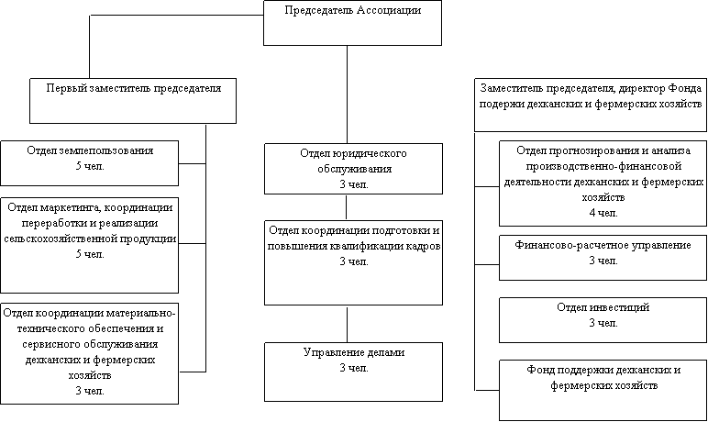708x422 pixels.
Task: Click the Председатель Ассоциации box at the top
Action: (352, 23)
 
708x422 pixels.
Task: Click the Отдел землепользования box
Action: (89, 162)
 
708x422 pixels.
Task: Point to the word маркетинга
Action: (72, 208)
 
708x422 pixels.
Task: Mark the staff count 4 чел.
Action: (603, 213)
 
